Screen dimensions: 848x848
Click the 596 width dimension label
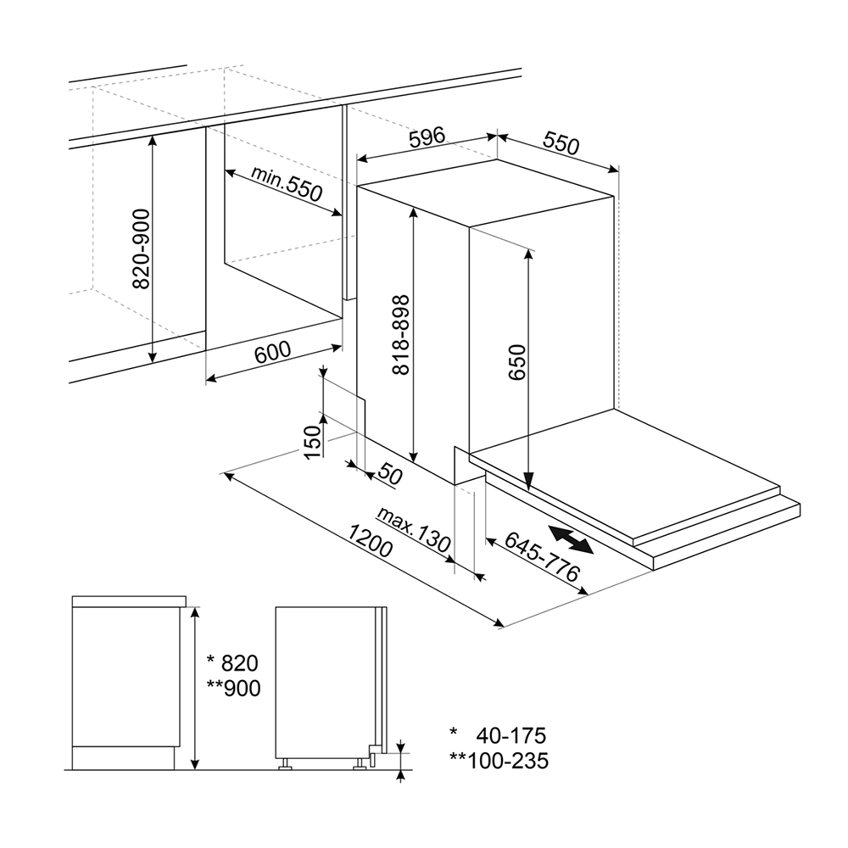pos(427,137)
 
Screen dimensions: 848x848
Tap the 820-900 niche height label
pos(141,248)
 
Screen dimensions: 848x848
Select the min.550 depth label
pos(287,183)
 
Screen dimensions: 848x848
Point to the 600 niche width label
pos(272,352)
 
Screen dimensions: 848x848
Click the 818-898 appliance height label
pos(401,335)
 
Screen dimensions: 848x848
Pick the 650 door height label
pos(517,362)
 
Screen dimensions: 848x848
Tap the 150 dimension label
pos(313,443)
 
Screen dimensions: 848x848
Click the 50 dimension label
pos(390,474)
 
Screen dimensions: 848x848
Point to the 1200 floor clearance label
pos(370,541)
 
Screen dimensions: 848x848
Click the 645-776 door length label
pos(543,556)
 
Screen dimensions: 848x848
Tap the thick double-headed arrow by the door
pos(571,539)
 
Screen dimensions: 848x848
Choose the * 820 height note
pos(233,663)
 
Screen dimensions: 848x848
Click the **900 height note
pos(233,689)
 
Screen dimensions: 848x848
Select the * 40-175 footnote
pos(498,735)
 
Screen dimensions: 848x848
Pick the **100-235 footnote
pos(499,761)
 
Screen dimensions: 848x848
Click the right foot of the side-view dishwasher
pos(359,764)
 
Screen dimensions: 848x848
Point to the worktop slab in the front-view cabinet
pos(129,601)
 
